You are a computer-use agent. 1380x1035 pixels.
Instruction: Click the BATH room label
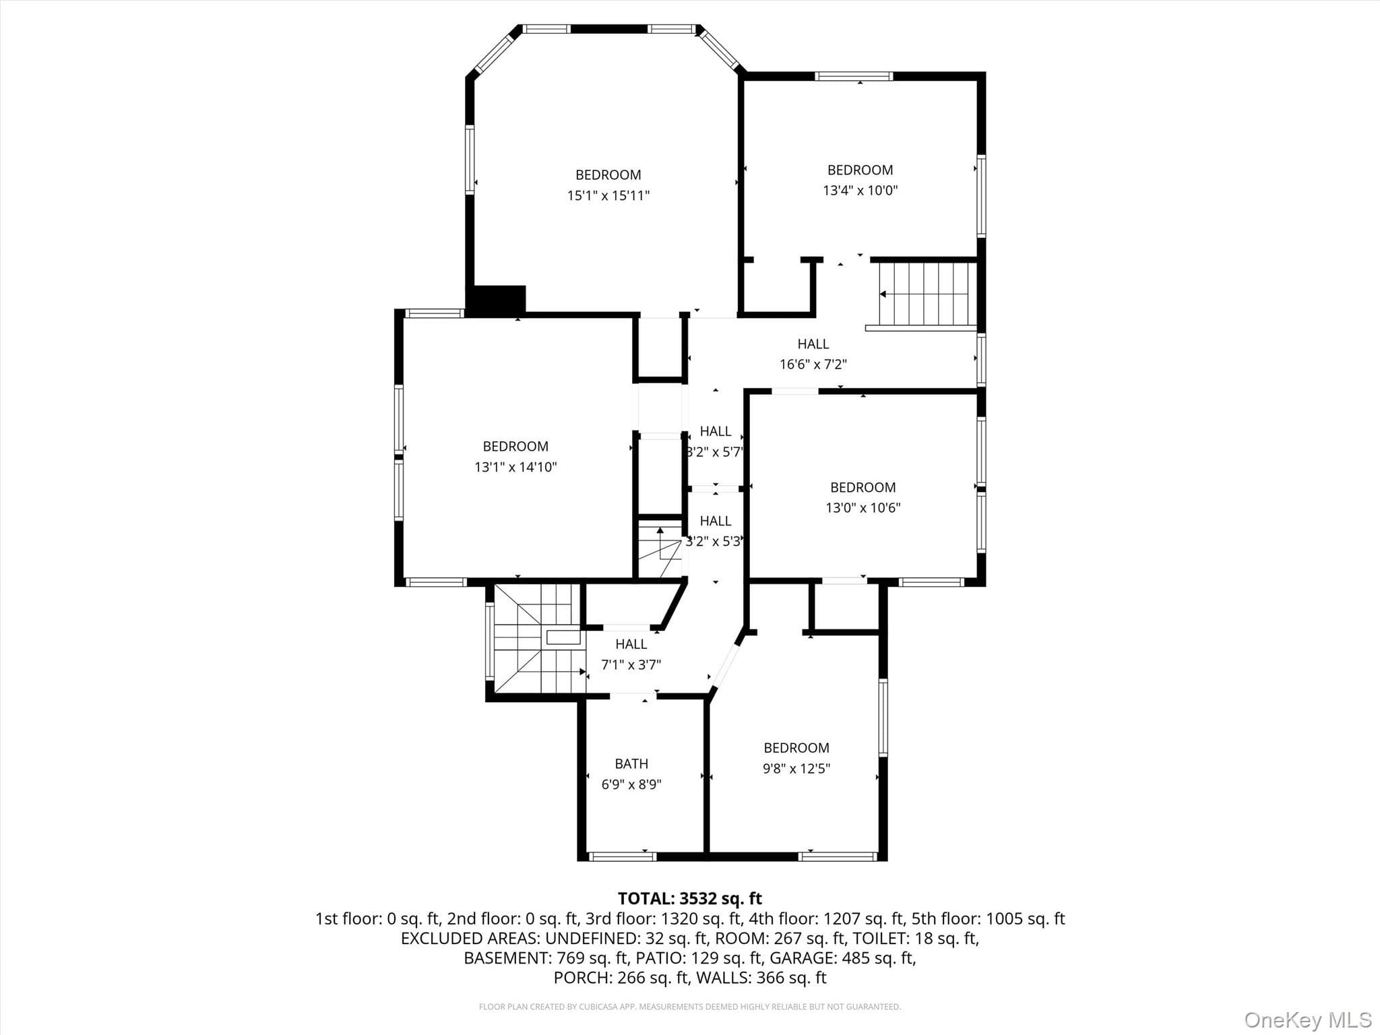(x=631, y=763)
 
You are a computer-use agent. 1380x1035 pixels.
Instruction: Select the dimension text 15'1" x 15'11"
(x=608, y=195)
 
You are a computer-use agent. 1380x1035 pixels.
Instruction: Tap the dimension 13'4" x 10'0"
(x=860, y=190)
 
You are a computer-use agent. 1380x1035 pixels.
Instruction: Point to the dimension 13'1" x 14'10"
(x=515, y=467)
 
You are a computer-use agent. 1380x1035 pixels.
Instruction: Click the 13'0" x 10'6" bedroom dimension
(x=863, y=507)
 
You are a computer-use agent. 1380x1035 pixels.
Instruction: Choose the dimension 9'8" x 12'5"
(x=796, y=768)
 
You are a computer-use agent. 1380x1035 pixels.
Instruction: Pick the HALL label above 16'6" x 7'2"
(x=813, y=344)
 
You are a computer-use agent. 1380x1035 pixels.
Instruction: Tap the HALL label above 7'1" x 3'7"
(x=631, y=644)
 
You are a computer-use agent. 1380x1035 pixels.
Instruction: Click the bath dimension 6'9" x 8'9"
(x=631, y=784)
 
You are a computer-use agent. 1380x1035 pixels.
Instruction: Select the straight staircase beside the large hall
(x=928, y=294)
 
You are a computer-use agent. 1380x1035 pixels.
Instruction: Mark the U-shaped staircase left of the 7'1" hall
(x=538, y=638)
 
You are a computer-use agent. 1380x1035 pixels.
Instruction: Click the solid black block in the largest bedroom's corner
(x=499, y=300)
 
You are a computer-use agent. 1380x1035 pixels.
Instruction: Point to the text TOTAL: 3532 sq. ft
(x=690, y=898)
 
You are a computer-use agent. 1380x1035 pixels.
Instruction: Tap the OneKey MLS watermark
(x=1308, y=1020)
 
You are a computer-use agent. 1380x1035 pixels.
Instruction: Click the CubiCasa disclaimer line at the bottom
(x=690, y=1007)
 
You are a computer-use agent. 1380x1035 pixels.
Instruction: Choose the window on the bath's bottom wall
(x=623, y=856)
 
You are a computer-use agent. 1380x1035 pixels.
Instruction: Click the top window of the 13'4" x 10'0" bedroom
(x=854, y=76)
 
